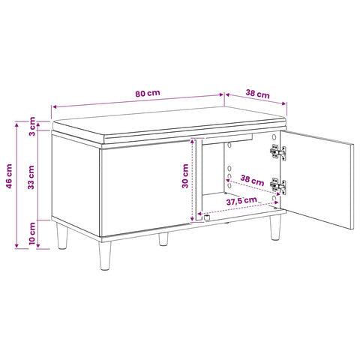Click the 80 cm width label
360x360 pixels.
tap(148, 93)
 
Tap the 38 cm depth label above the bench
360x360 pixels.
tap(258, 94)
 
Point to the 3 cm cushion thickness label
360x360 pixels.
tap(32, 126)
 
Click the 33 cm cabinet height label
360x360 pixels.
tap(31, 177)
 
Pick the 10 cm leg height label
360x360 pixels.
tap(32, 234)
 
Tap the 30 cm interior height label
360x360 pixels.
tap(185, 176)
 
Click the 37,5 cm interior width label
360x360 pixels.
tap(241, 200)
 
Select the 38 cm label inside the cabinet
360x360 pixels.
tap(252, 181)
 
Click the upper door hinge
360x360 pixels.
tap(278, 152)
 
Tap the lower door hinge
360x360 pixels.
tap(278, 187)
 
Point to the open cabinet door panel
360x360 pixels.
tap(317, 180)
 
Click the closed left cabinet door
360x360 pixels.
tap(145, 188)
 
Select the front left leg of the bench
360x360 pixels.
tap(105, 255)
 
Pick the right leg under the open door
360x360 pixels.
tap(275, 227)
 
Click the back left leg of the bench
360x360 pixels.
tap(61, 236)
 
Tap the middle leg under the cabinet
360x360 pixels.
tap(163, 238)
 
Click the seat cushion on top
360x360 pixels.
tap(169, 125)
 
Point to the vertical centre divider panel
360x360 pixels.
tap(199, 179)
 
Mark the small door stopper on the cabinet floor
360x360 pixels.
tap(206, 217)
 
